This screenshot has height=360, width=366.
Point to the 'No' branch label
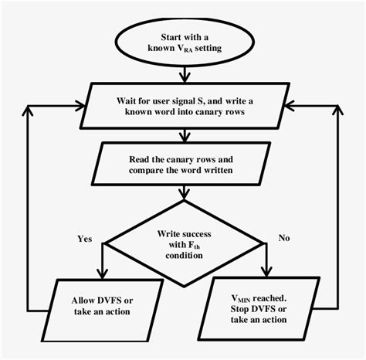tap(284, 239)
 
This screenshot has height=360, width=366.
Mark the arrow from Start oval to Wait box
tap(184, 73)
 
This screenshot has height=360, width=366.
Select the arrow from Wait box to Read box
tap(184, 137)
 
